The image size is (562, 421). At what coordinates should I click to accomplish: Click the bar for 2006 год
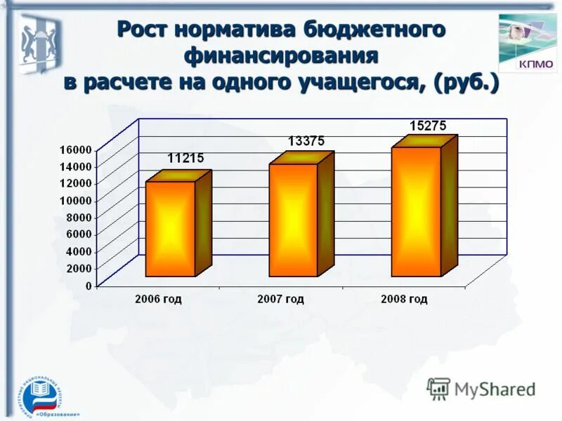[x=170, y=228]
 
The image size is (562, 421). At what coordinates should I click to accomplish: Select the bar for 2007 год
[x=293, y=219]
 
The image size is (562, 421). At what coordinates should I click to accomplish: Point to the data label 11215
[x=185, y=159]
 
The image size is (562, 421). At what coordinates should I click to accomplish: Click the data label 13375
[x=306, y=141]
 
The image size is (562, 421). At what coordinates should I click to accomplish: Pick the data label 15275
[x=429, y=126]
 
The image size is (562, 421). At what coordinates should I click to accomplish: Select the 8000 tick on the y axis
[x=79, y=218]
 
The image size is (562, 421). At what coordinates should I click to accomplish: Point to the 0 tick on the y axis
[x=89, y=286]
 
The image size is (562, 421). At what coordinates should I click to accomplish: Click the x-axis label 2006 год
[x=158, y=300]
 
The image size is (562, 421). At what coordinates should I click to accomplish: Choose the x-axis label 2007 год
[x=281, y=300]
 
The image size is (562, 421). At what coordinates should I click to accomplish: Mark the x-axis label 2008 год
[x=404, y=300]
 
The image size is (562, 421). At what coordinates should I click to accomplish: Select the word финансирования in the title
[x=281, y=55]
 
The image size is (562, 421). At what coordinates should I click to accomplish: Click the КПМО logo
[x=527, y=44]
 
